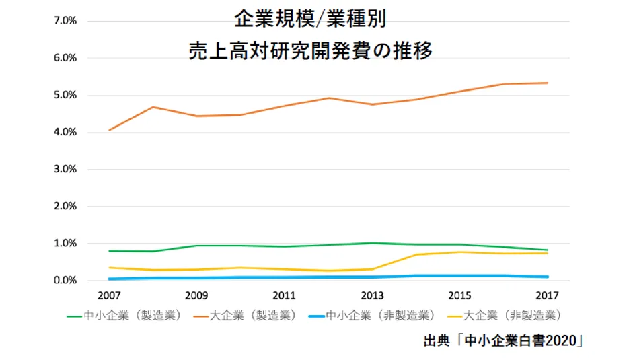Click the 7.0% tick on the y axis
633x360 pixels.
pyautogui.click(x=64, y=21)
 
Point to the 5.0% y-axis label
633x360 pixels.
pyautogui.click(x=64, y=95)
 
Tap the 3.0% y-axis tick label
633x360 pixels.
pyautogui.click(x=64, y=170)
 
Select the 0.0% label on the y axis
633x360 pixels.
pyautogui.click(x=64, y=281)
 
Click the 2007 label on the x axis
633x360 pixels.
pyautogui.click(x=109, y=295)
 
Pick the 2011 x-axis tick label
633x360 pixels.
pyautogui.click(x=285, y=295)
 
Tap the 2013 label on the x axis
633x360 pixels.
pyautogui.click(x=372, y=295)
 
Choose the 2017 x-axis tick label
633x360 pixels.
pyautogui.click(x=548, y=295)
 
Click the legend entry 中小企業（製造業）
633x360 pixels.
pyautogui.click(x=124, y=314)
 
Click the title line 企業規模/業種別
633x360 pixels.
pyautogui.click(x=310, y=19)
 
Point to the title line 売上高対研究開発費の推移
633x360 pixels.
pyautogui.click(x=310, y=52)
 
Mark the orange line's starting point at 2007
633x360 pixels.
pyautogui.click(x=109, y=130)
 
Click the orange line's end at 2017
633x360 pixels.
pyautogui.click(x=548, y=83)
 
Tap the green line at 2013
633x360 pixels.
pyautogui.click(x=372, y=243)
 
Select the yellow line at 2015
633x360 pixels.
pyautogui.click(x=460, y=252)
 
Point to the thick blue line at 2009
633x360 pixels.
pyautogui.click(x=196, y=278)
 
